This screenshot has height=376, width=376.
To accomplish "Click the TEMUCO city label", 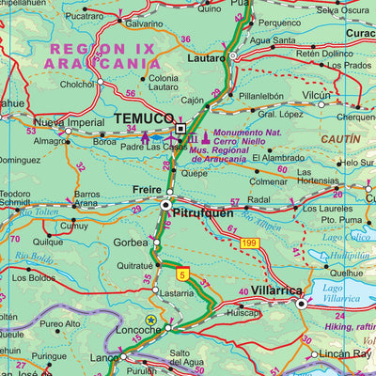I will (141, 120).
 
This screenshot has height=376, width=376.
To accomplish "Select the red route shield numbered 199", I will (249, 244).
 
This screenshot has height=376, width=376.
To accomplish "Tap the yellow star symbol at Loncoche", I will (150, 321).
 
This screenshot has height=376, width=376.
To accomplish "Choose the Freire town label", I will (146, 190).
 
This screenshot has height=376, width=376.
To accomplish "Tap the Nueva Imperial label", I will (68, 122).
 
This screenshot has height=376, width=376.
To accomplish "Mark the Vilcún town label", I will (318, 96).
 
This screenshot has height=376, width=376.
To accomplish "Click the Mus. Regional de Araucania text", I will (247, 155).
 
